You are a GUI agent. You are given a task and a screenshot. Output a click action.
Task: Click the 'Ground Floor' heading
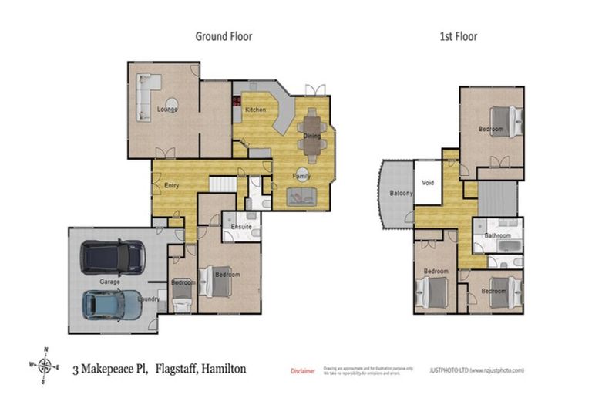click(224, 35)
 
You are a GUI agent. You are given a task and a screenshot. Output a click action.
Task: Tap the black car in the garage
click(113, 257)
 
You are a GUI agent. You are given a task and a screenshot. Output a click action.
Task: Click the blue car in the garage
click(112, 305)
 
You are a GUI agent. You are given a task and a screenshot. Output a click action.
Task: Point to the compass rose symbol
click(45, 365)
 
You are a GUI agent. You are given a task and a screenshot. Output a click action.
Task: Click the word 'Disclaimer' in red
click(302, 371)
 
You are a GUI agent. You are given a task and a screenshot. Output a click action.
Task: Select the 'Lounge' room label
click(167, 109)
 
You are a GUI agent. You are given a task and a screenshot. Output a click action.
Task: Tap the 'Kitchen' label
click(256, 110)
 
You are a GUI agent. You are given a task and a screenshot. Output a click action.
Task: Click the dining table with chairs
click(311, 135)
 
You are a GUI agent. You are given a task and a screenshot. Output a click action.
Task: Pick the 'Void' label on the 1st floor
click(429, 183)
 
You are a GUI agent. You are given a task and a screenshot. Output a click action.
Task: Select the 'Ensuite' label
click(236, 226)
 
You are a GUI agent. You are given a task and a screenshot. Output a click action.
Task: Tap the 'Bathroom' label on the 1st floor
click(497, 235)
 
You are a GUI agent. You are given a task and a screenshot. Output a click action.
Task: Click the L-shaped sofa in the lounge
click(146, 95)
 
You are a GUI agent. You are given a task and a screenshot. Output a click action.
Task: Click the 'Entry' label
click(172, 186)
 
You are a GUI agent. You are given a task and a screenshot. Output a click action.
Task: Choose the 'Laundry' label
click(148, 299)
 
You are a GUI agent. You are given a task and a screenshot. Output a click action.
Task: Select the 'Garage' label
click(109, 282)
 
